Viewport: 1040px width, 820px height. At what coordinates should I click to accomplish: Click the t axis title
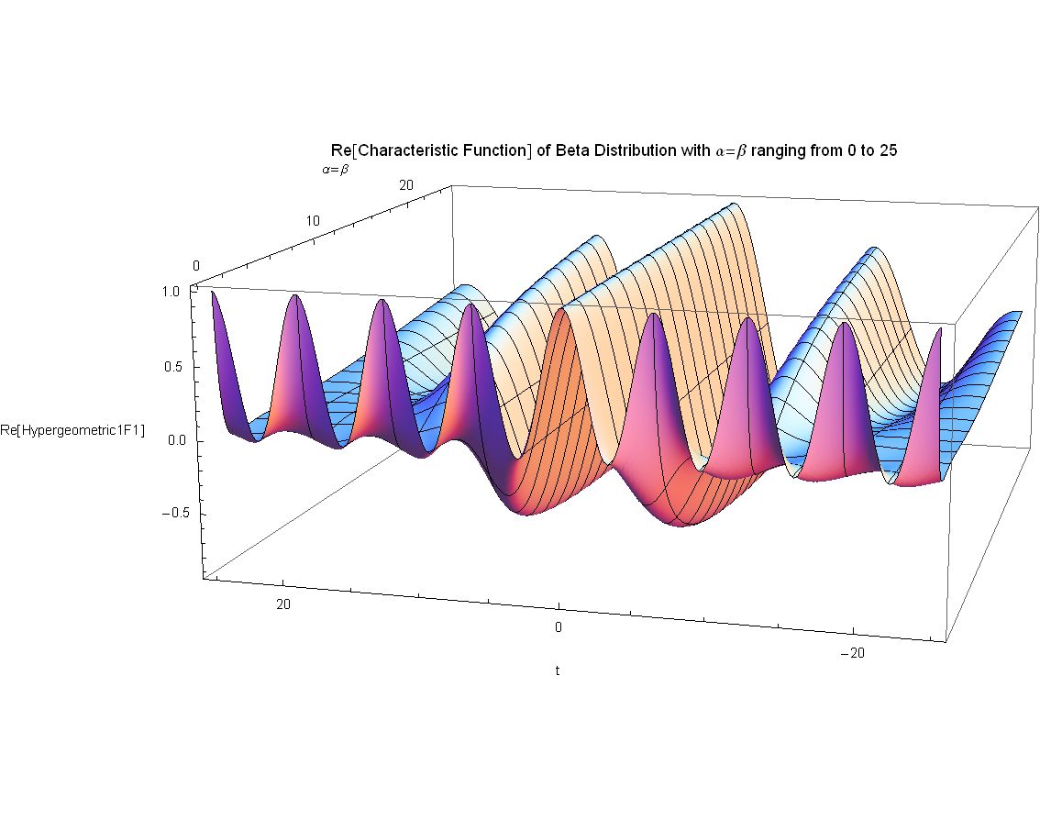(558, 670)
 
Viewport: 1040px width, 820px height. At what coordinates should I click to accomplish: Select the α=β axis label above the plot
(335, 170)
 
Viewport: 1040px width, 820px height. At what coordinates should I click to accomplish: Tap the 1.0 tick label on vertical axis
(170, 292)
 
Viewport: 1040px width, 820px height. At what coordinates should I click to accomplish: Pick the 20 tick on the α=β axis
(406, 185)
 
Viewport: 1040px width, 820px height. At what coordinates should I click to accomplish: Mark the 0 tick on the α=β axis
(195, 265)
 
